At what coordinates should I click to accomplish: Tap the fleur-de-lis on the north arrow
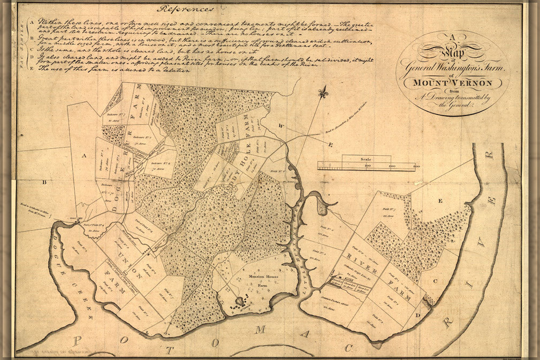[322, 93]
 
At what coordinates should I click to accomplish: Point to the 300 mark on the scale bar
[415, 167]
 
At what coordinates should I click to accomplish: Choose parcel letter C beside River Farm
[435, 280]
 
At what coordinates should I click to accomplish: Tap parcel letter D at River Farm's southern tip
[416, 316]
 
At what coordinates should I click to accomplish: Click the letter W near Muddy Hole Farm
[280, 125]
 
